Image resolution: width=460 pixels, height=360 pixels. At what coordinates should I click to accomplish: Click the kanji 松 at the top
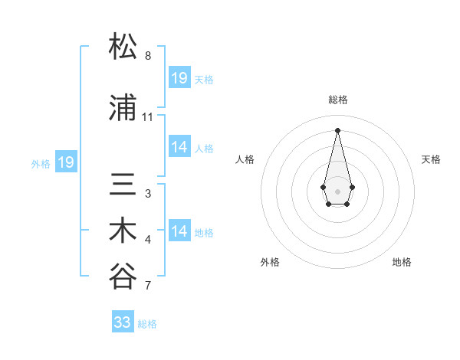tap(123, 47)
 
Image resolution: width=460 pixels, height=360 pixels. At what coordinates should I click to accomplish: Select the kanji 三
tap(123, 186)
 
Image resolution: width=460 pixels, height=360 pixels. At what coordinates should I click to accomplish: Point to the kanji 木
tap(123, 232)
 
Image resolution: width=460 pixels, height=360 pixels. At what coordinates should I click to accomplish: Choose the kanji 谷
tap(123, 278)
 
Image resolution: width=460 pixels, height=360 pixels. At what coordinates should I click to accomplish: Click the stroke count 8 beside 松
tap(148, 56)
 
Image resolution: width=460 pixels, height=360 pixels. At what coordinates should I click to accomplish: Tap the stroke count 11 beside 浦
tap(148, 117)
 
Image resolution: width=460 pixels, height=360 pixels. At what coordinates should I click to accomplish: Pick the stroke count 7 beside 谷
tap(148, 286)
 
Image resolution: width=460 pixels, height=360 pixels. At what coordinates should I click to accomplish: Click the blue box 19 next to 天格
tap(179, 78)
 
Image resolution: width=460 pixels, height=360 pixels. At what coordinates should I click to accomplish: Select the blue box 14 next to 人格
tap(179, 147)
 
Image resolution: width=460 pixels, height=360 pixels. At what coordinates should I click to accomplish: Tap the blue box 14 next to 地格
tap(179, 231)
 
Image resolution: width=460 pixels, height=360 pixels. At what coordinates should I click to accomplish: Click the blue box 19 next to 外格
tap(65, 162)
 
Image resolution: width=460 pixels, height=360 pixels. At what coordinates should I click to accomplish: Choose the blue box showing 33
tap(123, 322)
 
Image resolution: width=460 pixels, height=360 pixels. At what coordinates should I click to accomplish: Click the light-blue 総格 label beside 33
tap(148, 324)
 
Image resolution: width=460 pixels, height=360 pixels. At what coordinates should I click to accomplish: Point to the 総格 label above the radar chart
tap(338, 100)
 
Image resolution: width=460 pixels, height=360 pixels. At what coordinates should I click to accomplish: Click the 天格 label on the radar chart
tap(432, 159)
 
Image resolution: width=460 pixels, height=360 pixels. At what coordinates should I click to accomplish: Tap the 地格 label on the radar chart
tap(402, 262)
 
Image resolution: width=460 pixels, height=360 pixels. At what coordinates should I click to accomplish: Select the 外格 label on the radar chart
tap(270, 262)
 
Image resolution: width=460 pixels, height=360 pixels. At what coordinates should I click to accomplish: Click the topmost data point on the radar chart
tap(337, 129)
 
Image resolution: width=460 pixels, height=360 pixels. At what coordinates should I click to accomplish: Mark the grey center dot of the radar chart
tap(337, 190)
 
